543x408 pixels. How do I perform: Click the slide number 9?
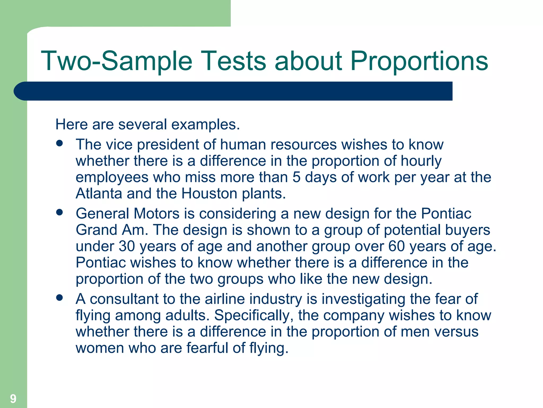pyautogui.click(x=13, y=399)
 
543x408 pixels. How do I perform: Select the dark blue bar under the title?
pyautogui.click(x=233, y=91)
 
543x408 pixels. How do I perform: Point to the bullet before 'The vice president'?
pyautogui.click(x=60, y=143)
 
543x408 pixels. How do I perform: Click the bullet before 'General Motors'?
pyautogui.click(x=60, y=212)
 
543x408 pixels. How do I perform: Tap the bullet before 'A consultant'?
pyautogui.click(x=60, y=297)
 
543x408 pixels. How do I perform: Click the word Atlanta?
pyautogui.click(x=99, y=193)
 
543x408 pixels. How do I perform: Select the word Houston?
pyautogui.click(x=209, y=193)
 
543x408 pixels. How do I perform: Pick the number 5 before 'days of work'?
pyautogui.click(x=296, y=177)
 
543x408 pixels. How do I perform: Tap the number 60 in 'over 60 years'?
pyautogui.click(x=396, y=246)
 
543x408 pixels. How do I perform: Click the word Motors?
pyautogui.click(x=156, y=214)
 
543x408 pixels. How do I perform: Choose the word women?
pyautogui.click(x=100, y=348)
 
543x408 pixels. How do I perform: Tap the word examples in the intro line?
pyautogui.click(x=205, y=125)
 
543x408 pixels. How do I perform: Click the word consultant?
pyautogui.click(x=124, y=299)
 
